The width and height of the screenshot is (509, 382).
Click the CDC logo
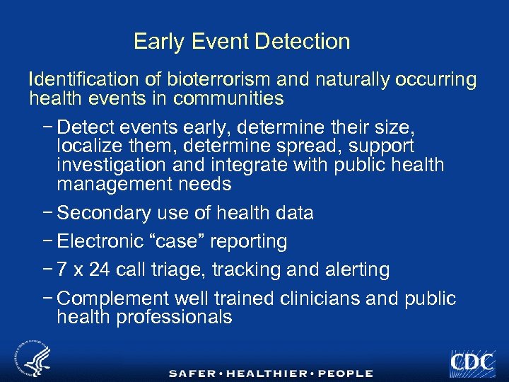coord(472,362)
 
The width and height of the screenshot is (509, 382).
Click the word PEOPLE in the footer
coord(345,373)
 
